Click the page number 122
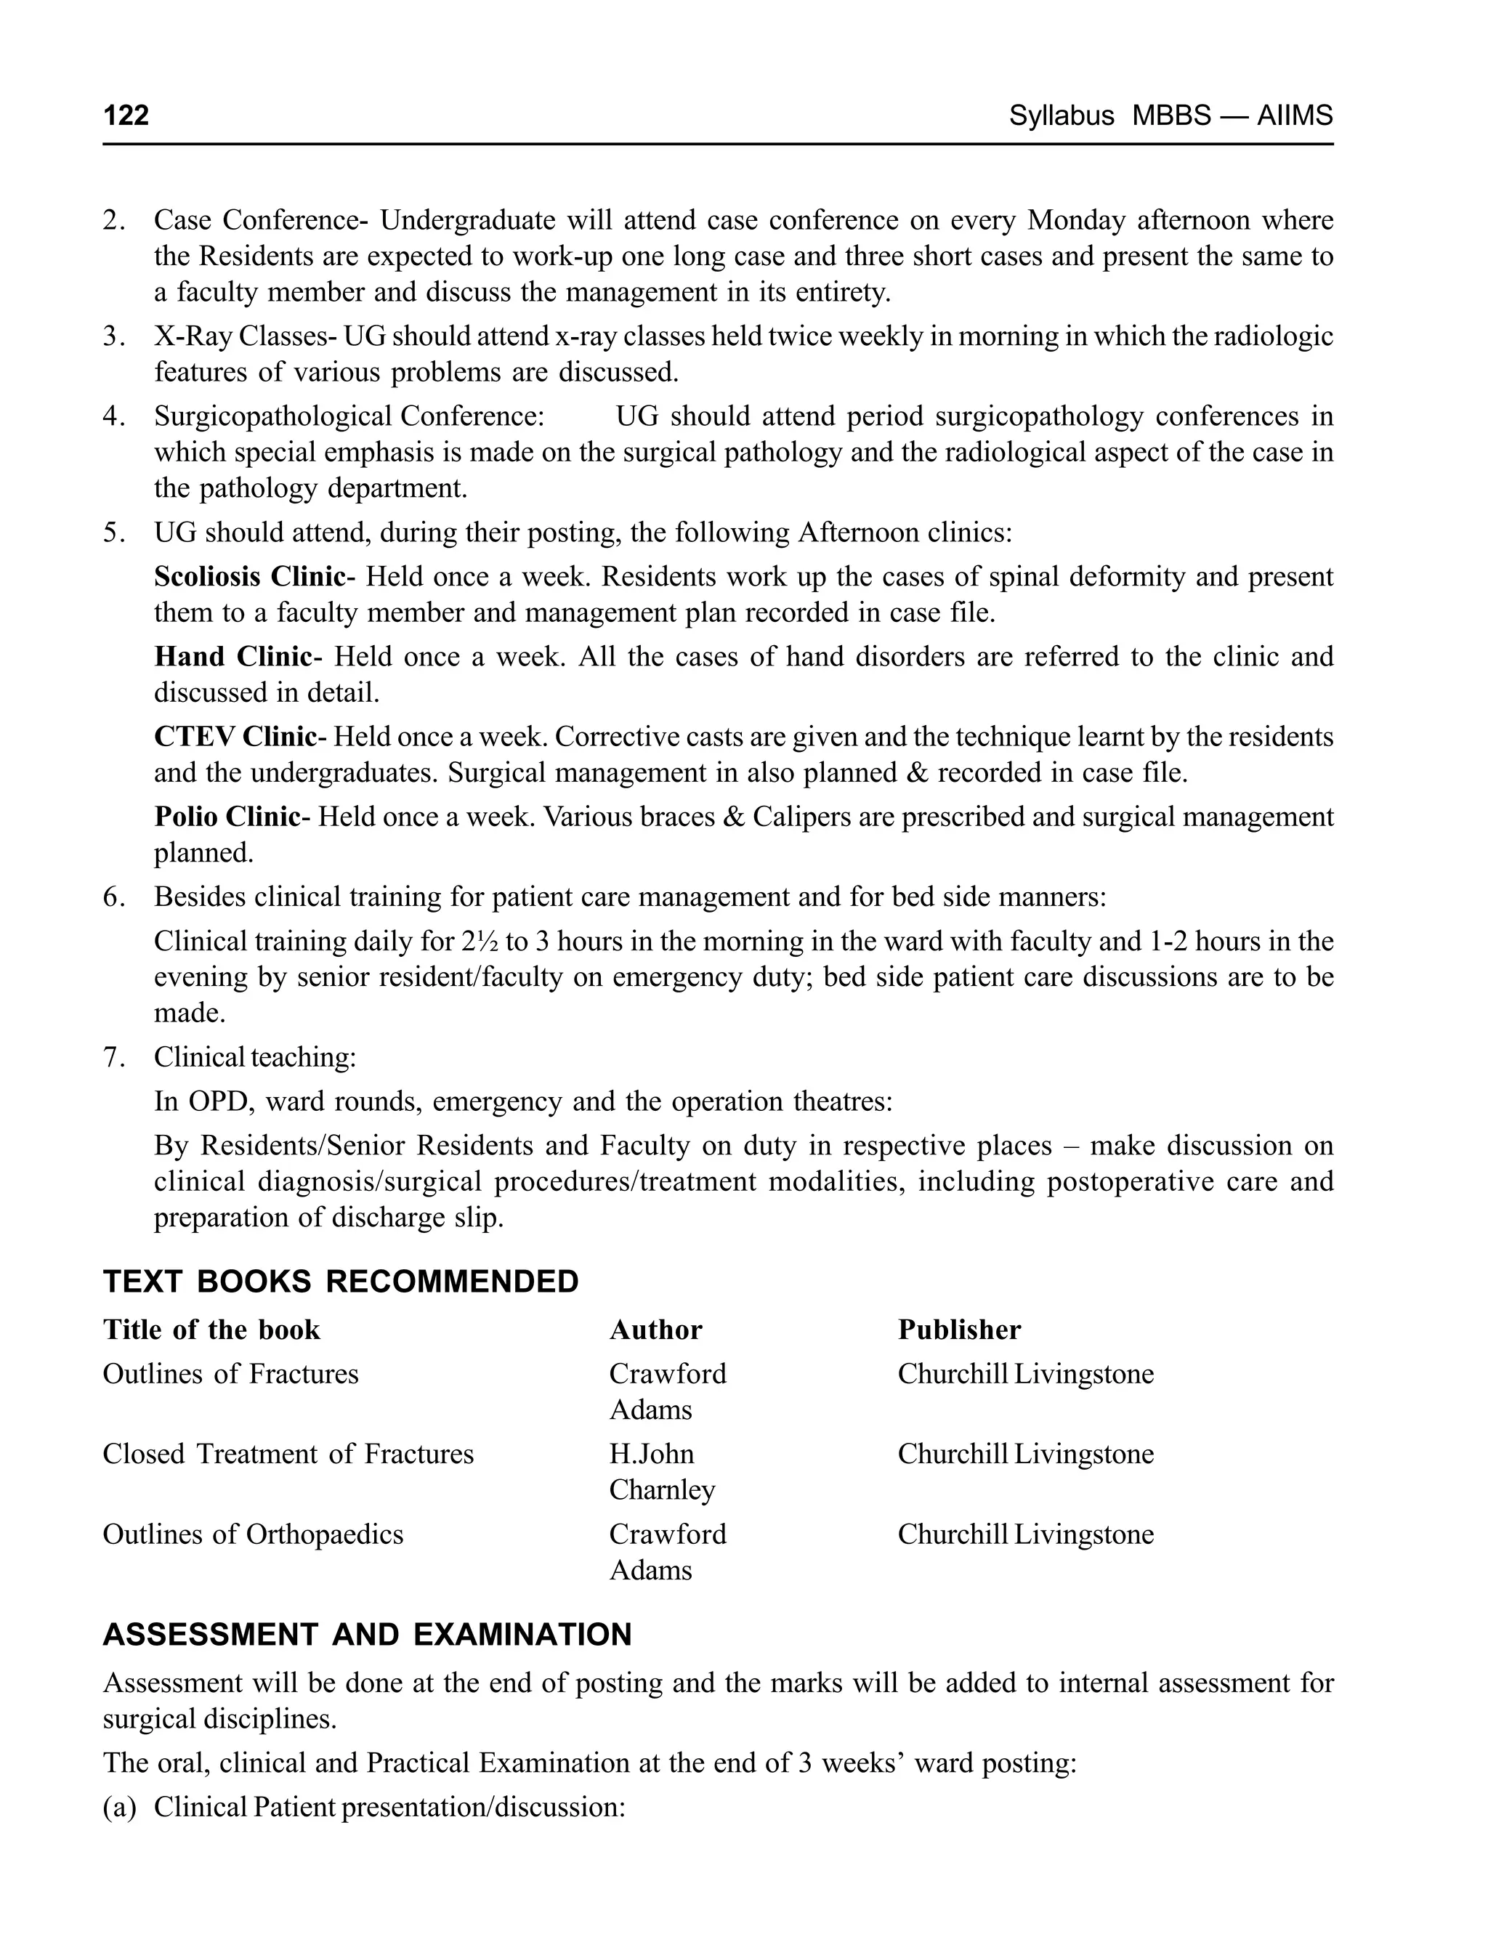tap(126, 115)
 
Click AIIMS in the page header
tap(1294, 115)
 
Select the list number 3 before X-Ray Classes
tap(112, 336)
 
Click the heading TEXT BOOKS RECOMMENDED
tap(341, 1282)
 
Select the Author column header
tap(655, 1330)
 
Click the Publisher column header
tap(959, 1330)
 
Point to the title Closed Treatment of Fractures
tap(288, 1454)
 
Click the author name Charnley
tap(662, 1489)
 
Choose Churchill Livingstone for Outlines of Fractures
tap(1026, 1374)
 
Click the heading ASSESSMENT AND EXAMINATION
tap(368, 1635)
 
